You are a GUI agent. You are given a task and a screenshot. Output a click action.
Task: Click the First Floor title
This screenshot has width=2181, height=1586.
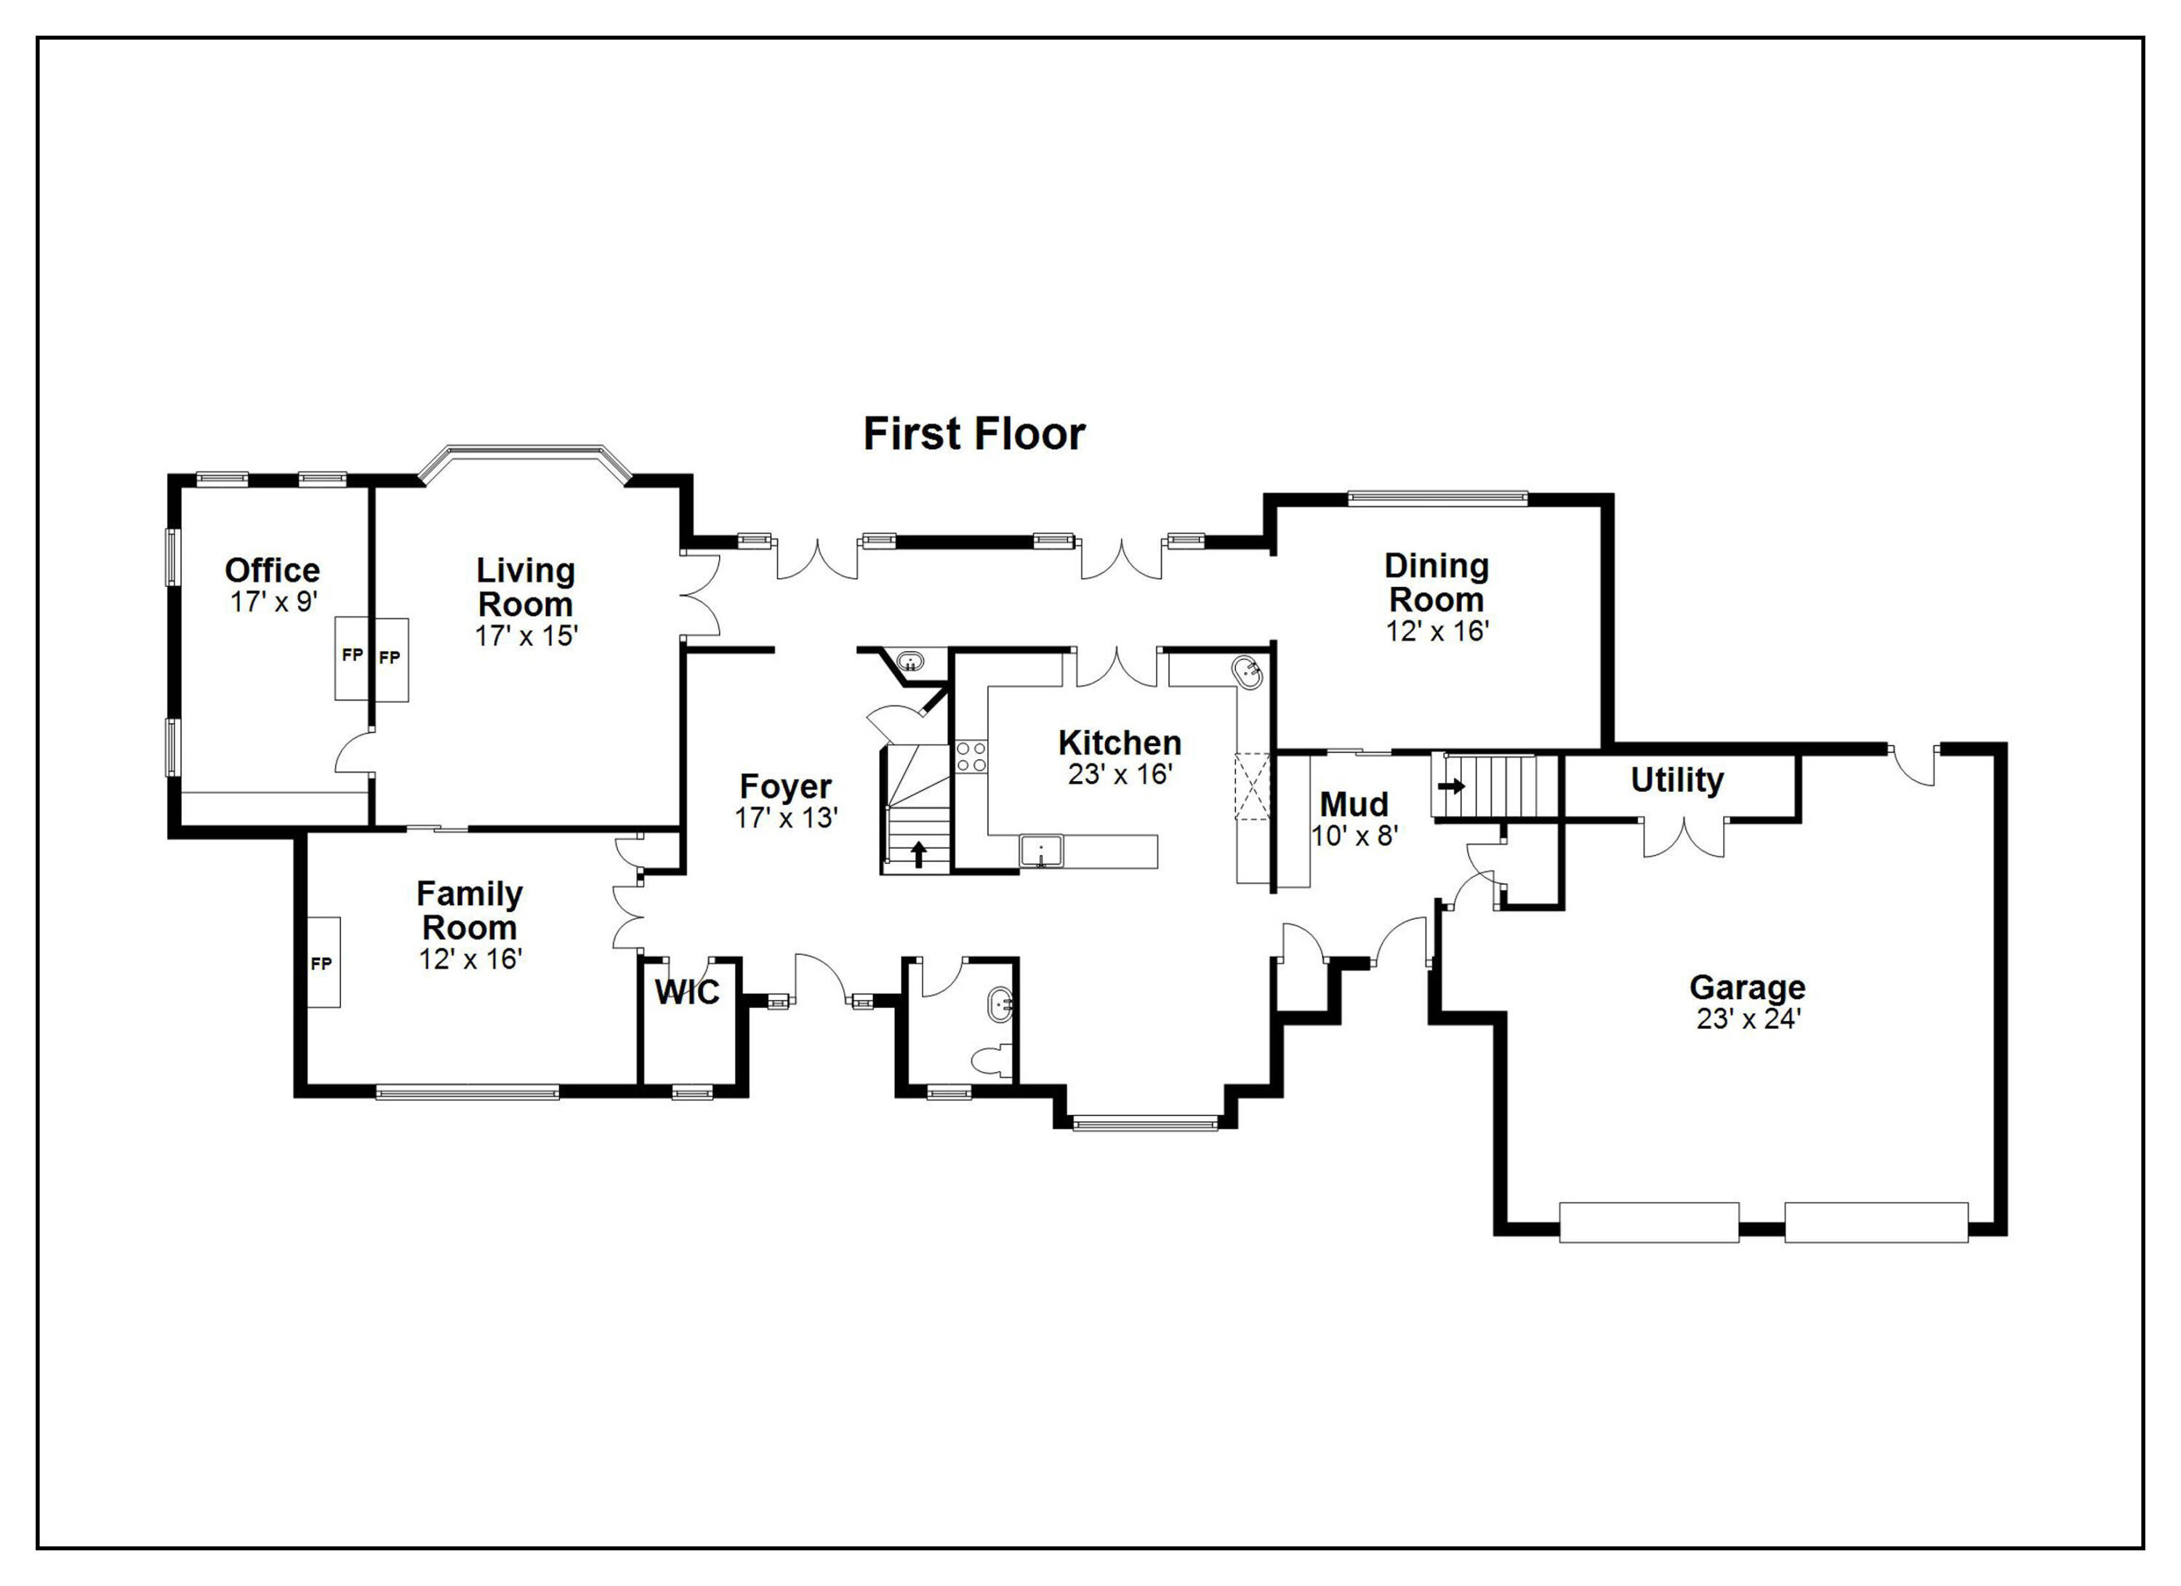973,434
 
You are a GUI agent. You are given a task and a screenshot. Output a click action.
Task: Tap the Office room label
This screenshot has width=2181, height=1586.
272,569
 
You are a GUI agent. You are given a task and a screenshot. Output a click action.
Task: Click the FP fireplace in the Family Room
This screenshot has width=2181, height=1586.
321,963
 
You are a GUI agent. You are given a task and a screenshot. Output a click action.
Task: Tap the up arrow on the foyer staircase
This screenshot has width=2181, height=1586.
918,853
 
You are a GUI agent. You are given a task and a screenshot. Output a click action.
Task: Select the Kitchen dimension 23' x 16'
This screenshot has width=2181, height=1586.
1120,774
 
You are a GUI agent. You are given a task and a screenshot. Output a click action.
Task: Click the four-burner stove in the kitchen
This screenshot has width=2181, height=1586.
971,756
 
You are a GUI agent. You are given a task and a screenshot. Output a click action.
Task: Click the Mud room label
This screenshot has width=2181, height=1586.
1353,804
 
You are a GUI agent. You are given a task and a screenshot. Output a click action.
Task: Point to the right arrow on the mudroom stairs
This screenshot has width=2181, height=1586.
1451,786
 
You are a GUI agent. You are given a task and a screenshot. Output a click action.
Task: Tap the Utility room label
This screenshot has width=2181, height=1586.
1677,780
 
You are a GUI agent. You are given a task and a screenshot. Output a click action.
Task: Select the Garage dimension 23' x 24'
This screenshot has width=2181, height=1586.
1747,1020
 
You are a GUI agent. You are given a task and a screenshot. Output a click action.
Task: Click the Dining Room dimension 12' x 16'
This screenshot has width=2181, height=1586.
1437,631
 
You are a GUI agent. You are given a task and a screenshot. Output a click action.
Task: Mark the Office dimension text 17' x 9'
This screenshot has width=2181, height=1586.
273,602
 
